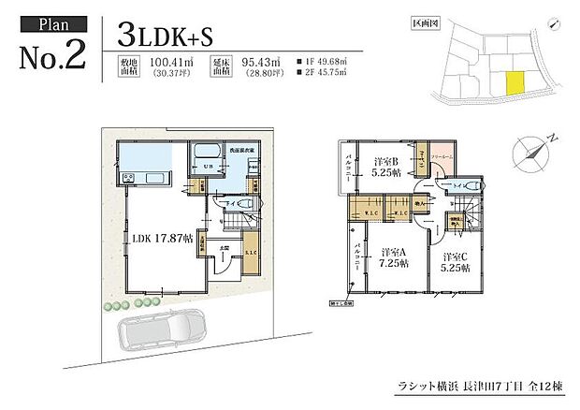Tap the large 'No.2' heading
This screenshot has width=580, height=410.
(x=52, y=54)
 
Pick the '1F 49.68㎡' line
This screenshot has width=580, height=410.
(x=321, y=63)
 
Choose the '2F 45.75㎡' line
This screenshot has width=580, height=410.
(x=321, y=76)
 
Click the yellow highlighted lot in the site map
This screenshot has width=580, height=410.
(x=515, y=84)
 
